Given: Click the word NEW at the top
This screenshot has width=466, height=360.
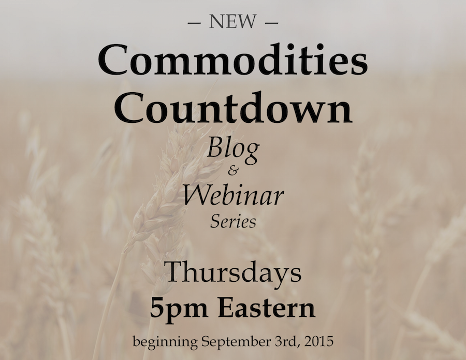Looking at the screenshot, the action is coord(232,22).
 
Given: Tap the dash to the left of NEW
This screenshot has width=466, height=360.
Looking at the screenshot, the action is coord(194,23).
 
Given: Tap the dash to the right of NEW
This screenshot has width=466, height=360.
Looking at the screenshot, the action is coord(271,23).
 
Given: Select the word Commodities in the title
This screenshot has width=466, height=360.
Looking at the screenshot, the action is coord(232,60).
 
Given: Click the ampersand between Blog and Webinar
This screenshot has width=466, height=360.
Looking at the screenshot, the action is coord(232,172).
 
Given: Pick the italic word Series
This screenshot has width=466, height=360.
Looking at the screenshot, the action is coord(233,222).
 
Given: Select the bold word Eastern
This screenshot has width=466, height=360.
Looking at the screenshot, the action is coord(266,308).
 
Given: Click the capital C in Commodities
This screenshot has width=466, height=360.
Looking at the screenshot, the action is coord(115,61).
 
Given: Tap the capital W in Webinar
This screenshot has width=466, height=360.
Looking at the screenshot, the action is coord(197,196).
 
